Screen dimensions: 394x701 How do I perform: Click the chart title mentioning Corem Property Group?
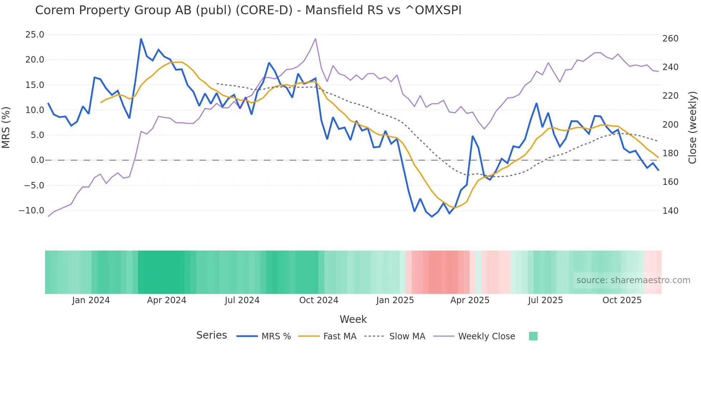coord(248,10)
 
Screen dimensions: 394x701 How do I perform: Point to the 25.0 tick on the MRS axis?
coord(35,35)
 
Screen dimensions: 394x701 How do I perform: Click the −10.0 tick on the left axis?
coord(31,211)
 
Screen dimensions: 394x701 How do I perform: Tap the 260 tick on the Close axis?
coord(670,39)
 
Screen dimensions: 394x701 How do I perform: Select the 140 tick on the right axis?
coord(670,211)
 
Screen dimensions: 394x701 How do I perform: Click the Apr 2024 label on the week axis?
coord(167,300)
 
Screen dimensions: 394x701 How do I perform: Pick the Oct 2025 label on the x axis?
coord(622,300)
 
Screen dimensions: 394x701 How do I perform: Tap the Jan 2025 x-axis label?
coord(395,300)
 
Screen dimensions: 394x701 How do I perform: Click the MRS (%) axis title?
coord(6,127)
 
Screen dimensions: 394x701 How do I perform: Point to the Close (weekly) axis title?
coord(692,127)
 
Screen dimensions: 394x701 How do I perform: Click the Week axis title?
coord(353,319)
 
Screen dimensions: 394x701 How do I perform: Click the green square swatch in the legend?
coord(533,336)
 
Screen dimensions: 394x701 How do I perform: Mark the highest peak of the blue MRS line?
coord(141,39)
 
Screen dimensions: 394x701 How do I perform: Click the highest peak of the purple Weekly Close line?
coord(315,39)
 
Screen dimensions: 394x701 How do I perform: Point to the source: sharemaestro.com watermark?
coord(633,280)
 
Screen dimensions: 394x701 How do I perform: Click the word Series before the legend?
coord(211,335)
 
